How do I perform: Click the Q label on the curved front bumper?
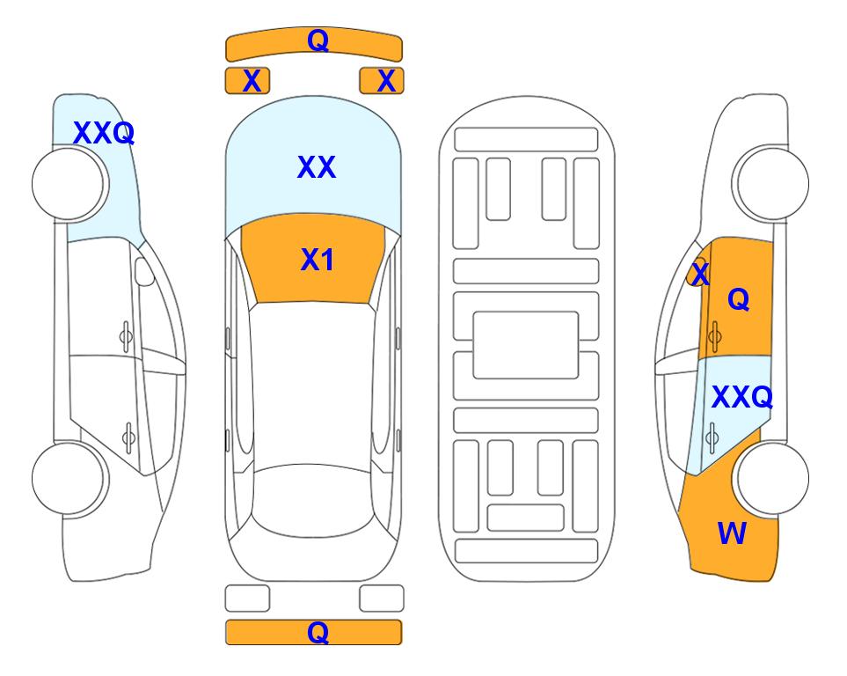318,40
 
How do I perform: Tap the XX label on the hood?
317,167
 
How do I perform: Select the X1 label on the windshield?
318,260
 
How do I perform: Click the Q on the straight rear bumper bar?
318,632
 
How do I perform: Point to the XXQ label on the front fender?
104,133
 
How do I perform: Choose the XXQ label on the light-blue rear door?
742,397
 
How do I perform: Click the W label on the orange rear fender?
732,533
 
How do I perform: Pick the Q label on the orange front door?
739,299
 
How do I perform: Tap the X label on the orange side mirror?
700,274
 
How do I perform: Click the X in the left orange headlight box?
252,81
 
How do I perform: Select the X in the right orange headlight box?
386,81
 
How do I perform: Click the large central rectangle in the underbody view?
526,345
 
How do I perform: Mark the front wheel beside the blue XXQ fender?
68,184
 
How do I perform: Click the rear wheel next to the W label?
773,478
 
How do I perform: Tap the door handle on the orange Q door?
715,334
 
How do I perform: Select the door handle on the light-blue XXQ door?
712,437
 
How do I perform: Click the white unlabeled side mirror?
144,271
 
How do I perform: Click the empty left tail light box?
247,599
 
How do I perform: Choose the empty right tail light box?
382,599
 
